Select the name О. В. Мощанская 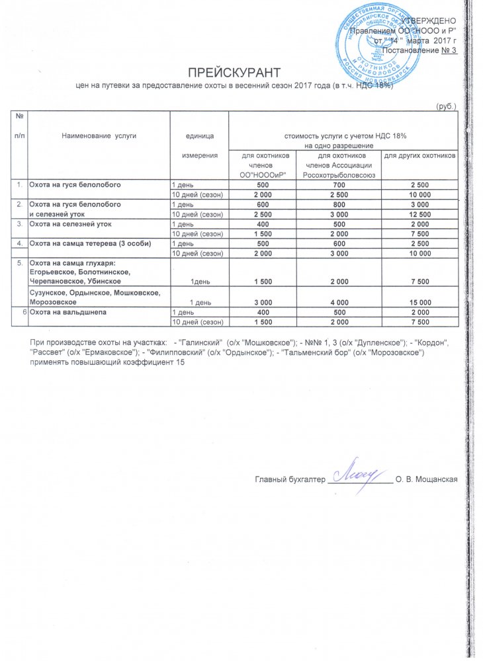427,479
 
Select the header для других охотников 420,156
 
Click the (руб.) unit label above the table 445,106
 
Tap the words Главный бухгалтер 291,479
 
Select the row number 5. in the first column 20,263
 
